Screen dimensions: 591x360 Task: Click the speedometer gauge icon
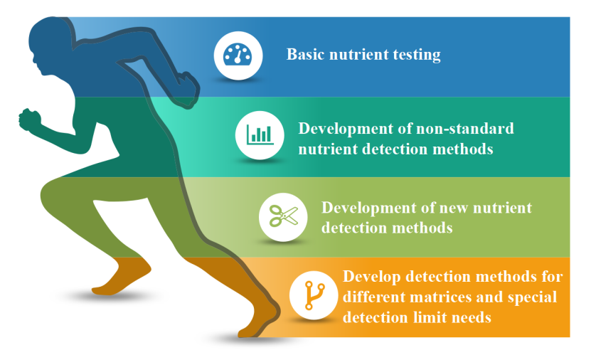tap(238, 55)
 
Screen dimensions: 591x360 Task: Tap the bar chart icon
tap(260, 134)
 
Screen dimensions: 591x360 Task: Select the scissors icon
tap(284, 216)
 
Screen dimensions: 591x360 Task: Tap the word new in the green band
tap(454, 208)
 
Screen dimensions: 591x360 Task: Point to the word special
tap(532, 297)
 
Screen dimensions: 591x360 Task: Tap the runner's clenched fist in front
tap(30, 120)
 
